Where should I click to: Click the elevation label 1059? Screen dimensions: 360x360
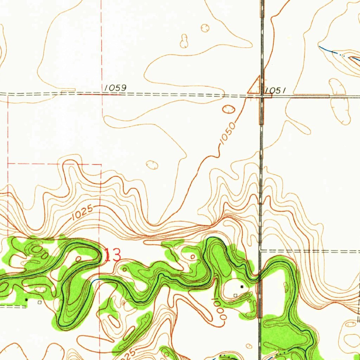point(115,88)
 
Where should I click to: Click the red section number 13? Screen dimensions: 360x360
point(112,255)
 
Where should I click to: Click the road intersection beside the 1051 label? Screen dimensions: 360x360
point(262,96)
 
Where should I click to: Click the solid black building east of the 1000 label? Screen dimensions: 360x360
point(242,287)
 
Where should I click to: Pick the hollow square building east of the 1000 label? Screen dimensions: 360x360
point(235,296)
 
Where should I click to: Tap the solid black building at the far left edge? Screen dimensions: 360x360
point(26,300)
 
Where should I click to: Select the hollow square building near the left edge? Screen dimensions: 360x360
point(39,302)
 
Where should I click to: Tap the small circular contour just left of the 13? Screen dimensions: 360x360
point(79,259)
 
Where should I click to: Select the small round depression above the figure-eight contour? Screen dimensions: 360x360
point(205,27)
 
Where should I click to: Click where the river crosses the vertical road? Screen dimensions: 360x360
point(260,278)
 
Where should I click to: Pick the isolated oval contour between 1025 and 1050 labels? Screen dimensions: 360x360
point(152,165)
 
